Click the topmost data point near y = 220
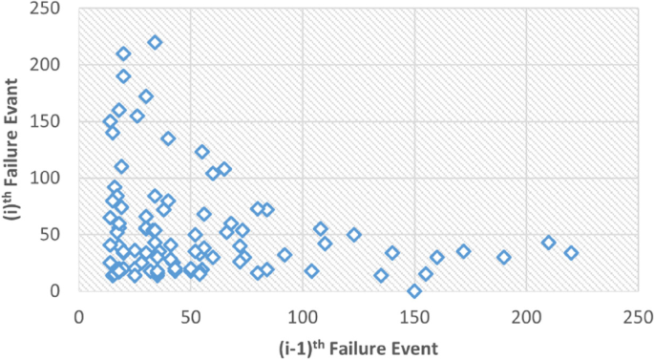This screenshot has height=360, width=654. point(155,42)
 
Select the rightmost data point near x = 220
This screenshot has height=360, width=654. point(571,253)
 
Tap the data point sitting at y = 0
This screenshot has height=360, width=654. point(414,291)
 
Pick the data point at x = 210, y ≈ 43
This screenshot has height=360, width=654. point(549,243)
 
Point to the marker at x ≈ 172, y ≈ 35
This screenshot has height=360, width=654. point(464,251)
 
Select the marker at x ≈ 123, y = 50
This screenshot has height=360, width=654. point(354,235)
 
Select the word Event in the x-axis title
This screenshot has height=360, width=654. point(413,348)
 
